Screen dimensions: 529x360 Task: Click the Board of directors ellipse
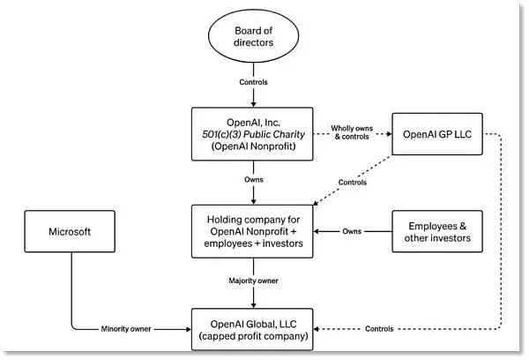(253, 36)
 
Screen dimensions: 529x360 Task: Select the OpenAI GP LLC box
(437, 134)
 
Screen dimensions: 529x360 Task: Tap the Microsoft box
(70, 231)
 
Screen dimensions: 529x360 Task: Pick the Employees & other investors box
(437, 231)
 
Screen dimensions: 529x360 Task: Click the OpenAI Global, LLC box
(252, 329)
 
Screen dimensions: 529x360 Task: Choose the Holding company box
(252, 231)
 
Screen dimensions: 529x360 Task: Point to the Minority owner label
(126, 329)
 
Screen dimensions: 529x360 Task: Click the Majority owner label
(253, 281)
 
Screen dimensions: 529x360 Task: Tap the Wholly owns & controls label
(352, 132)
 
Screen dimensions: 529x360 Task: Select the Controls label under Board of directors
(253, 82)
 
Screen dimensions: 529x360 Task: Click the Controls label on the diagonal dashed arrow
(353, 183)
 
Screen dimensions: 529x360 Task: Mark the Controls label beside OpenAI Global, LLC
(379, 329)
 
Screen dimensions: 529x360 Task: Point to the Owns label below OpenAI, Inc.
(254, 179)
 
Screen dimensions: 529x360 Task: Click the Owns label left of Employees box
(352, 231)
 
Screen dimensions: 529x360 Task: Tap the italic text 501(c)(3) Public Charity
(253, 134)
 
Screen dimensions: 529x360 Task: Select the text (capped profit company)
(253, 336)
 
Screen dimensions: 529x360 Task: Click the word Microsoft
(70, 232)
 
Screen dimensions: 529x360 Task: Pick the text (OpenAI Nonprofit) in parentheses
(253, 146)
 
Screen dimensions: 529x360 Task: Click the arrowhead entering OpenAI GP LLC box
(389, 134)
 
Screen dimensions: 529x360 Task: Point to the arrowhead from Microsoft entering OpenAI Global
(189, 329)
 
